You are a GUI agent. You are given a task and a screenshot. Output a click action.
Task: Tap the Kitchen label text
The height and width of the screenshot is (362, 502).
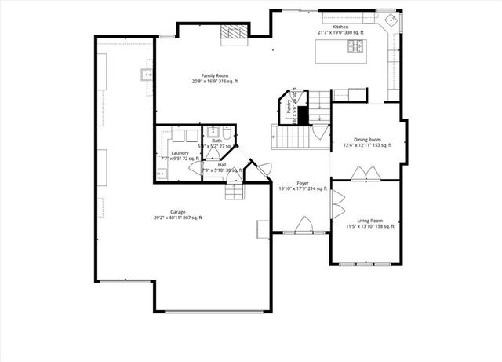(340, 28)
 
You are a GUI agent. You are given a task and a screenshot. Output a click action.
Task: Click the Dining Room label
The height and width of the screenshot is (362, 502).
(366, 140)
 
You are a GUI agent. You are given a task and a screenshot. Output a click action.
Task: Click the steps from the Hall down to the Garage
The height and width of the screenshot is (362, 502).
(235, 191)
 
